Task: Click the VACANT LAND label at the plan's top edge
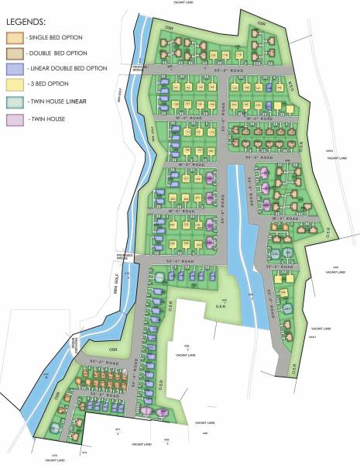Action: click(x=184, y=3)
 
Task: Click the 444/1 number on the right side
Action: click(x=313, y=337)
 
